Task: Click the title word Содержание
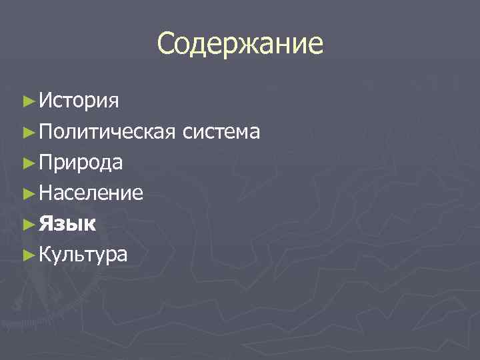(x=240, y=45)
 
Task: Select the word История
(x=79, y=101)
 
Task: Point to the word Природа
(x=81, y=162)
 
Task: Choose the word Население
(x=91, y=193)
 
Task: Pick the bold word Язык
(x=67, y=224)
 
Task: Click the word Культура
(x=84, y=254)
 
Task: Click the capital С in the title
(x=166, y=45)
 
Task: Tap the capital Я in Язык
(x=45, y=224)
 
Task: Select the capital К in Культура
(x=45, y=254)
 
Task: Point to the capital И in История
(x=46, y=101)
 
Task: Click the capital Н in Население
(x=46, y=193)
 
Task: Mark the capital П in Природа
(x=46, y=162)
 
